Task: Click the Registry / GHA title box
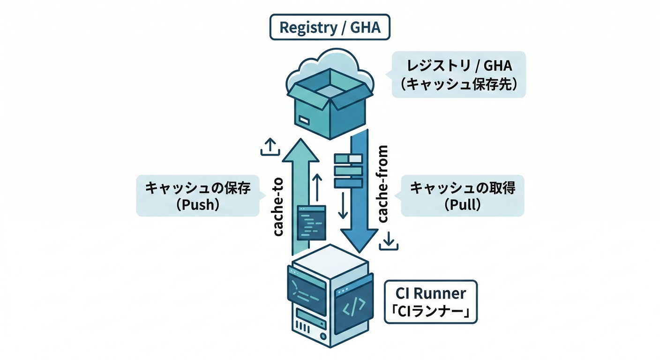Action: pyautogui.click(x=330, y=28)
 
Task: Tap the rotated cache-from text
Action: pyautogui.click(x=383, y=184)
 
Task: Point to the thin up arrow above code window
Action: pyautogui.click(x=317, y=187)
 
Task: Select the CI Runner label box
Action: pyautogui.click(x=430, y=302)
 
